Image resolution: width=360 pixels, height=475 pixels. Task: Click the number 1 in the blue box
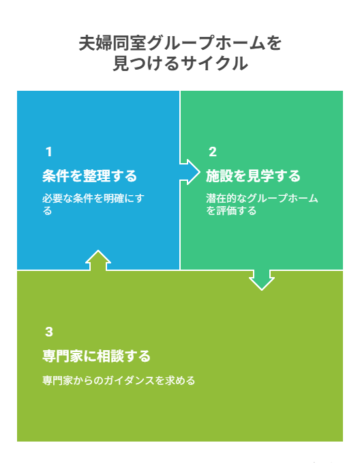49,152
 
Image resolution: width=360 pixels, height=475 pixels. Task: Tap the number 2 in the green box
213,152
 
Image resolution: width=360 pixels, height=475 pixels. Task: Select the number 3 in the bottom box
49,332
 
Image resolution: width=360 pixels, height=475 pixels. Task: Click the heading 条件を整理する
89,175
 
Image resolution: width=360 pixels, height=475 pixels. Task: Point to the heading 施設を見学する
253,175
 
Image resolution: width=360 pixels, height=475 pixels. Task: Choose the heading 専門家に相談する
96,356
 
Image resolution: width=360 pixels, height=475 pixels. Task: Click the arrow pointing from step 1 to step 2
190,172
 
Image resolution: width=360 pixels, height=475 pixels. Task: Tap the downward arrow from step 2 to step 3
262,280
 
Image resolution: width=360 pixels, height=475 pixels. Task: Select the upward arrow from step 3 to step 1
98,260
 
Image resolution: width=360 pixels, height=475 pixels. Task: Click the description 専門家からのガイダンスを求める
119,381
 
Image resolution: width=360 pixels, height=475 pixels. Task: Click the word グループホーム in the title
207,43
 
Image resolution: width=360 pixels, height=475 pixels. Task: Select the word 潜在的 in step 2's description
221,199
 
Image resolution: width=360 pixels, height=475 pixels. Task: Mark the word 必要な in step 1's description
57,199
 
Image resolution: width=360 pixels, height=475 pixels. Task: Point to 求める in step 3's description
180,381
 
